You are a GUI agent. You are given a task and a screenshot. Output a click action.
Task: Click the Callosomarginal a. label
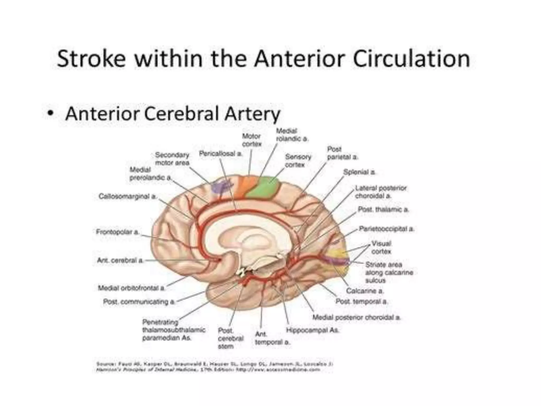(x=128, y=196)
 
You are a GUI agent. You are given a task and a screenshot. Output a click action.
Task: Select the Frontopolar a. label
(x=117, y=232)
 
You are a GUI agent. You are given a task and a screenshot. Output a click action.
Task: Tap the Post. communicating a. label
(x=139, y=302)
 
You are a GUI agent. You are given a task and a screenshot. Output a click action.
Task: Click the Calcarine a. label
(x=365, y=291)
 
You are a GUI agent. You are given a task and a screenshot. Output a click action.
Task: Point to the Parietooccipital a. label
(x=386, y=229)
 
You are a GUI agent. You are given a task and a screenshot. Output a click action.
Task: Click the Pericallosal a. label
(x=221, y=154)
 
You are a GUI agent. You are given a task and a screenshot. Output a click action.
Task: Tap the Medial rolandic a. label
(x=292, y=135)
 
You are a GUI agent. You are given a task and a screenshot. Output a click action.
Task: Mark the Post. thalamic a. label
(x=383, y=209)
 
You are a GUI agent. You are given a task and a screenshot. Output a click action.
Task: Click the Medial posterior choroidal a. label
(x=356, y=317)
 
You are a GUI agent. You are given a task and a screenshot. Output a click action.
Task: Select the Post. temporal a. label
(x=361, y=301)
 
